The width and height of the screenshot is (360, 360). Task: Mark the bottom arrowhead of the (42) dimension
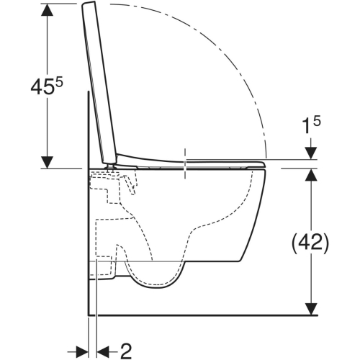[x=312, y=309]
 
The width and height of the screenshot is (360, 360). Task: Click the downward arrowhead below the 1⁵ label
[x=312, y=153]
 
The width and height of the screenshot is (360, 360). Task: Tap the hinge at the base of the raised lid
[x=112, y=163]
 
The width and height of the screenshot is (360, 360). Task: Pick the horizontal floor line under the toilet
[x=202, y=315]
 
